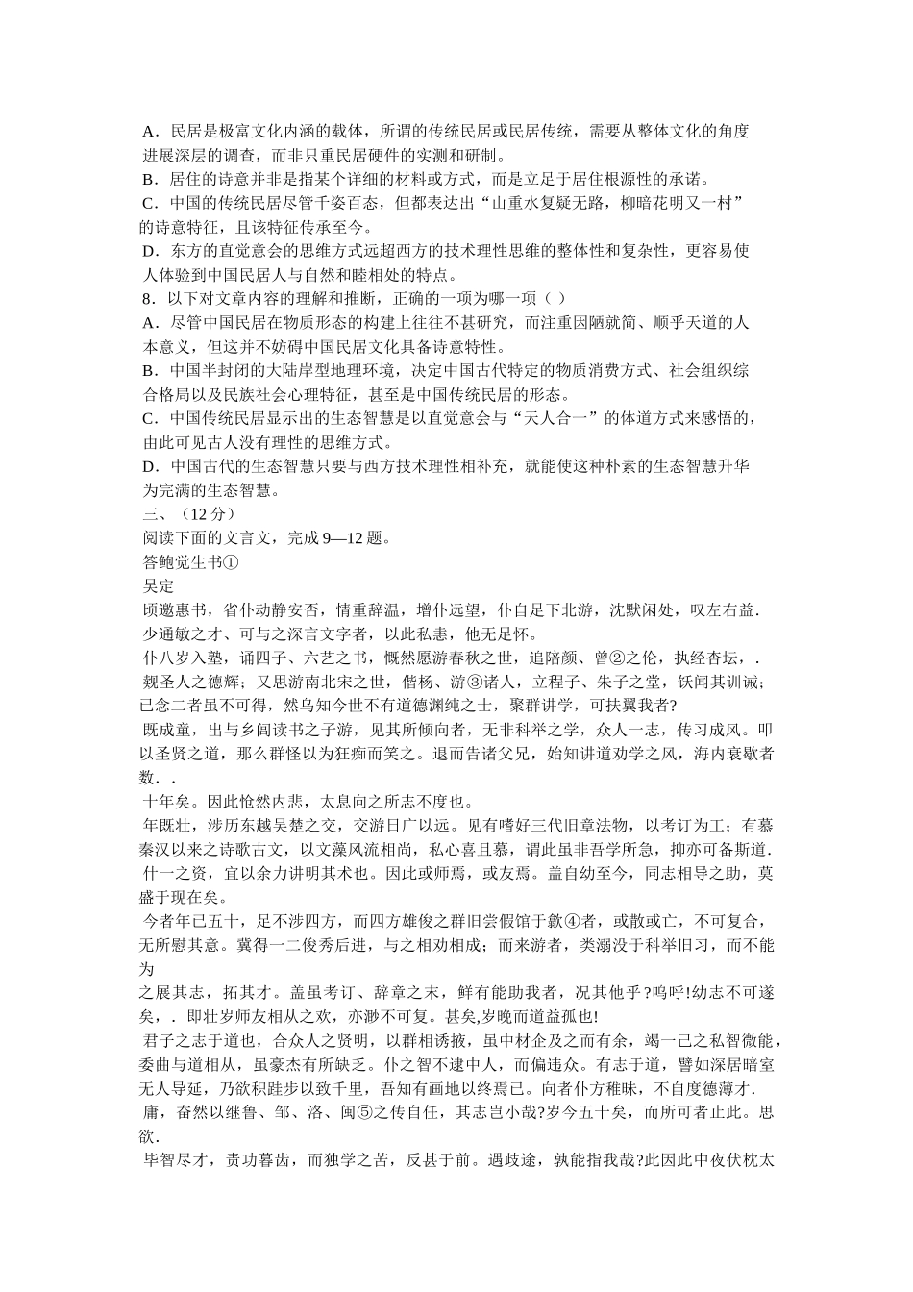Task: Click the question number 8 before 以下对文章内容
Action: pos(146,298)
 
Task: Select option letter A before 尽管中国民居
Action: pos(147,322)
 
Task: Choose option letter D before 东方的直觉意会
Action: pos(147,251)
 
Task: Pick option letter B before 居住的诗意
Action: pos(147,179)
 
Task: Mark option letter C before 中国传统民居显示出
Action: pos(147,419)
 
